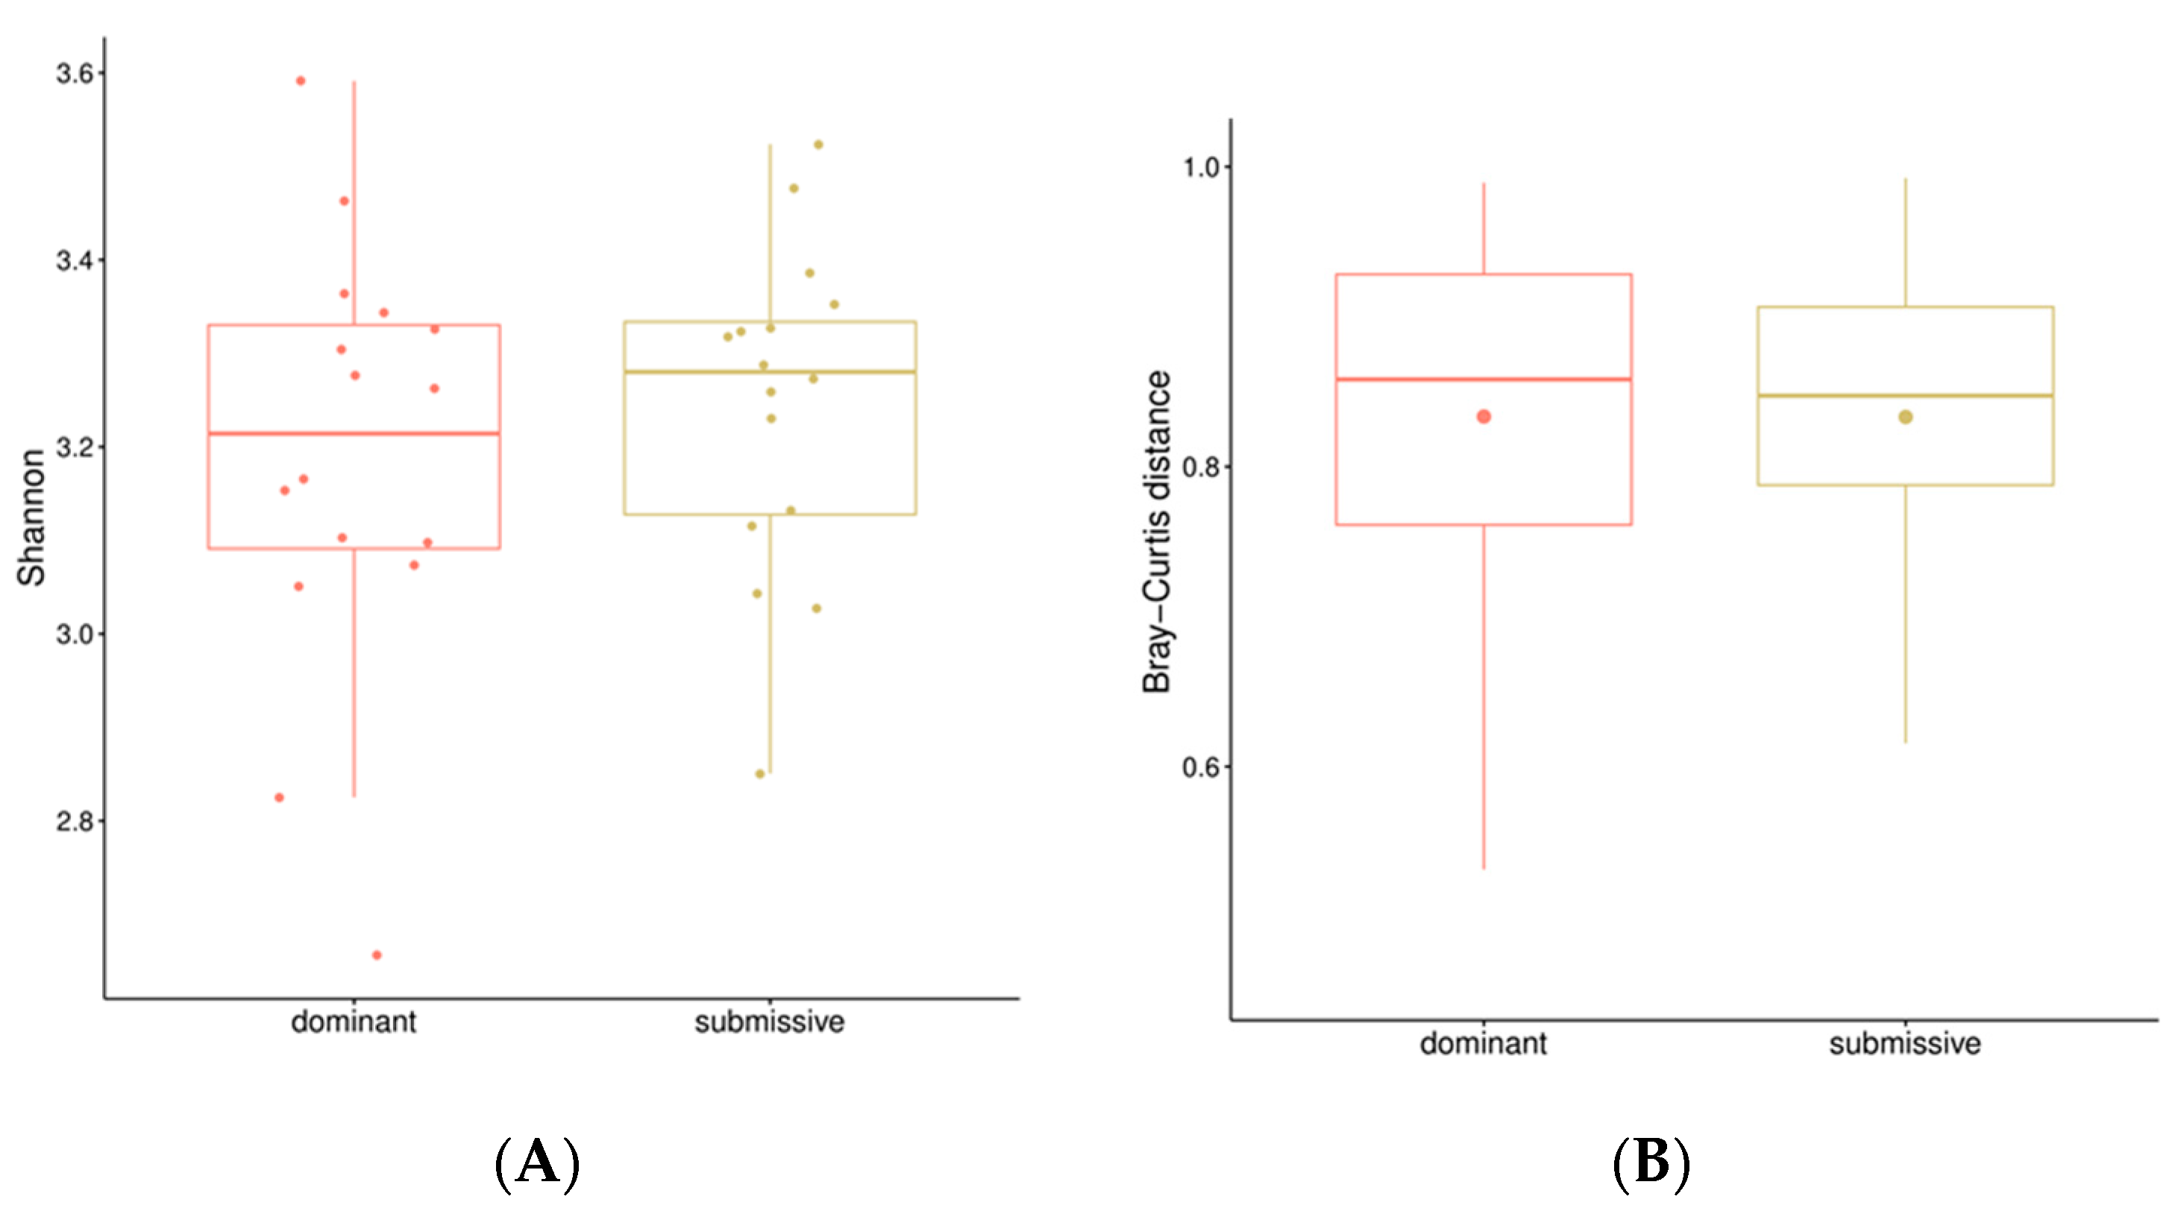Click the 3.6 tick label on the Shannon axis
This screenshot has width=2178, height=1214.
click(74, 74)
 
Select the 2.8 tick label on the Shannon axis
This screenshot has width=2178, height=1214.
click(74, 821)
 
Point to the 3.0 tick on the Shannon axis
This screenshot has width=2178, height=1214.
click(74, 634)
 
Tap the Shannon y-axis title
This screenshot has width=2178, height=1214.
click(32, 518)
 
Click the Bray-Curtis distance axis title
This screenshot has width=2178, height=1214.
click(1157, 532)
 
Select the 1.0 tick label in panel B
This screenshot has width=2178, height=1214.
click(1201, 167)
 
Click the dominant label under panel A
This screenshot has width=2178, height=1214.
click(354, 1022)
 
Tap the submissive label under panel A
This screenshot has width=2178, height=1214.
click(770, 1022)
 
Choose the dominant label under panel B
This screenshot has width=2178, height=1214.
click(1483, 1043)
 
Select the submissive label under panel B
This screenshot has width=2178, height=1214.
click(1905, 1043)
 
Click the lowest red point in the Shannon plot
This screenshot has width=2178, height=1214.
click(377, 955)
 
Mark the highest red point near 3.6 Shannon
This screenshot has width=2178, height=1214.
click(300, 81)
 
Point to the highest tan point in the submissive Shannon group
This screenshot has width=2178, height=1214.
click(818, 145)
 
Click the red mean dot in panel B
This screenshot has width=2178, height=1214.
click(1484, 417)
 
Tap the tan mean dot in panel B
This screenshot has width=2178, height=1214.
click(1906, 417)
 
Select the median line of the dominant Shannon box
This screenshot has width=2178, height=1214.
click(354, 434)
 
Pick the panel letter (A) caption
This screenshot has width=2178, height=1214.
click(538, 1163)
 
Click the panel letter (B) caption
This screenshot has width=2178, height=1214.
click(1651, 1163)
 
